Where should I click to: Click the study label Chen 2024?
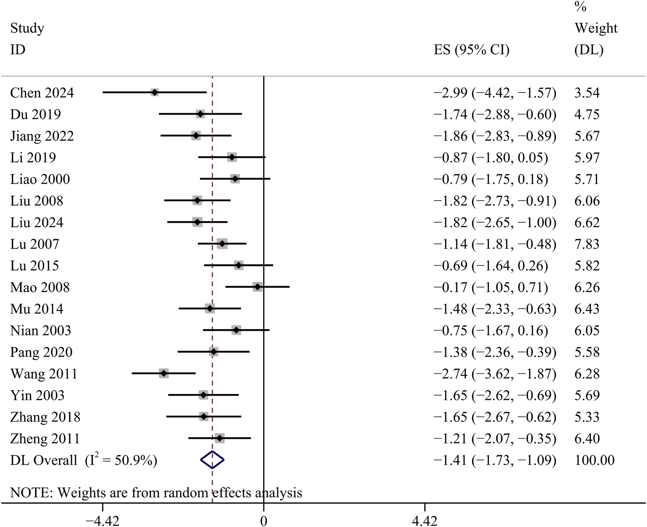coord(42,93)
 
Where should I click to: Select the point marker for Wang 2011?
coord(164,373)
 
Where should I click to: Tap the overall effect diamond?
coord(212,460)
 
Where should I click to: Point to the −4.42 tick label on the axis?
coord(102,521)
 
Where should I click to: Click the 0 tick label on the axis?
coord(264,521)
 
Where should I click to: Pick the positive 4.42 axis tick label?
coord(425,521)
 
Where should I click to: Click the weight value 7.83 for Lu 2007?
coord(587,244)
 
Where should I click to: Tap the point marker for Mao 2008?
coord(257,287)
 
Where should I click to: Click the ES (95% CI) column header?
coord(471,50)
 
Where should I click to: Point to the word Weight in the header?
coord(596,28)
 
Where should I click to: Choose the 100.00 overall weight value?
coord(594,460)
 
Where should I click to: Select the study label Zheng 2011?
coord(45,438)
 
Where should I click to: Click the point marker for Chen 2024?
coord(154,93)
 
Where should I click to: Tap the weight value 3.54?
coord(587,93)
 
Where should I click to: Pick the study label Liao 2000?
coord(40,179)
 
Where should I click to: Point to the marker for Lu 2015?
coord(238,265)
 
